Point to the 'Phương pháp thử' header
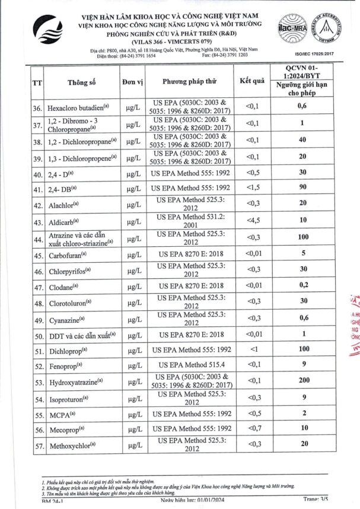(x=190, y=82)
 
